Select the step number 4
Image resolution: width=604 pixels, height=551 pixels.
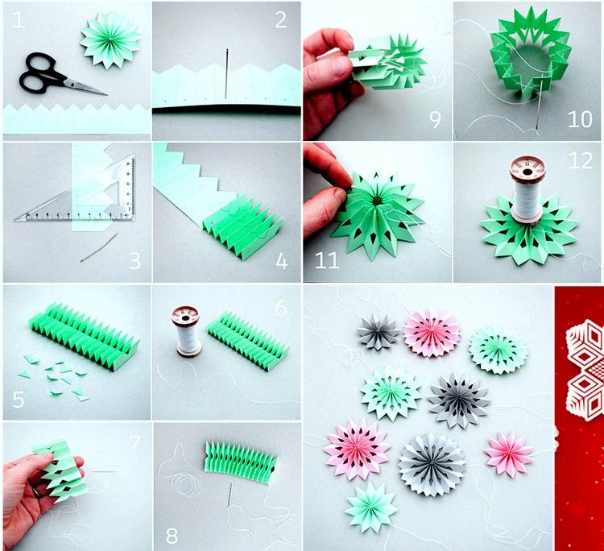point(279,261)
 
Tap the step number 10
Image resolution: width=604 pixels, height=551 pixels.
point(579,120)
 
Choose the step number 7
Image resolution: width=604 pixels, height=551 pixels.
point(134,442)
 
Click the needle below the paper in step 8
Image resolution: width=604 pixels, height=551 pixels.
point(231,494)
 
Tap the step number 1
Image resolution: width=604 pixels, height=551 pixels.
point(18,20)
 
